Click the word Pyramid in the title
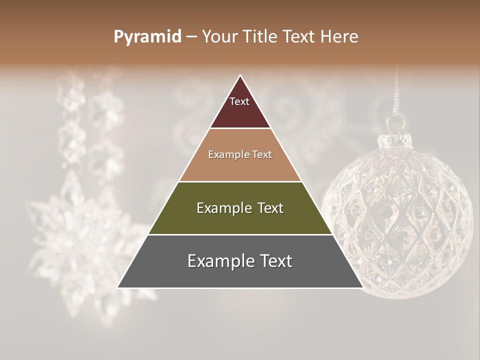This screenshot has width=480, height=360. coord(147,37)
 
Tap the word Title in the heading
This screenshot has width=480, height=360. coord(262,36)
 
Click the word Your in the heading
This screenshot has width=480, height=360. coord(220,36)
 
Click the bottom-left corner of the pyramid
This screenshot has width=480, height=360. coord(118,287)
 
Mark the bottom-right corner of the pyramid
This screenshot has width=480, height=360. coord(362,287)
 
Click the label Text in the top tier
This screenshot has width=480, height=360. coord(239,102)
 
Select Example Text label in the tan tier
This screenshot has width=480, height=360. coord(240,154)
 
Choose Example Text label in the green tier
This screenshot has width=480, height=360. coord(240,208)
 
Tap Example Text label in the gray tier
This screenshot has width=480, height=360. coord(240,261)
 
